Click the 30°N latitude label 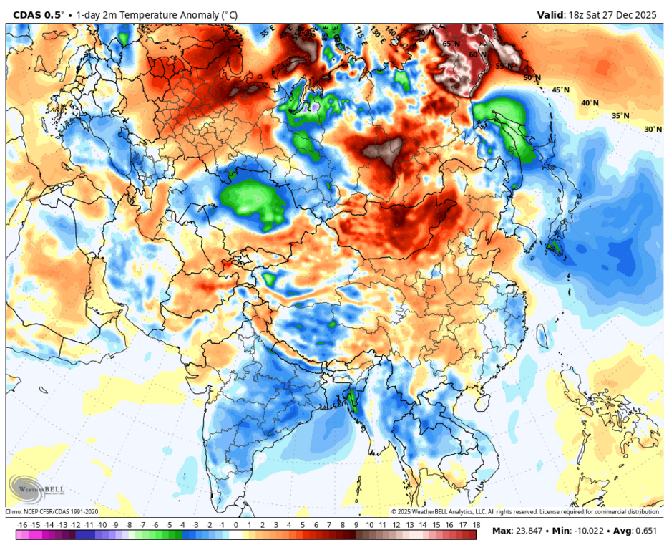click(x=653, y=130)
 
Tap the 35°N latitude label click(x=620, y=116)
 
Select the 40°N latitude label click(x=590, y=103)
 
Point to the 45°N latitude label click(x=560, y=90)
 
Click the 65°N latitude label click(x=451, y=44)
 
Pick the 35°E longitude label click(x=267, y=32)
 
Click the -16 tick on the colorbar click(x=21, y=525)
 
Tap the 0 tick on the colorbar click(x=235, y=525)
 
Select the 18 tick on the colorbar click(x=475, y=525)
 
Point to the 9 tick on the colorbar click(x=355, y=525)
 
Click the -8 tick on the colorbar click(x=129, y=525)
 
